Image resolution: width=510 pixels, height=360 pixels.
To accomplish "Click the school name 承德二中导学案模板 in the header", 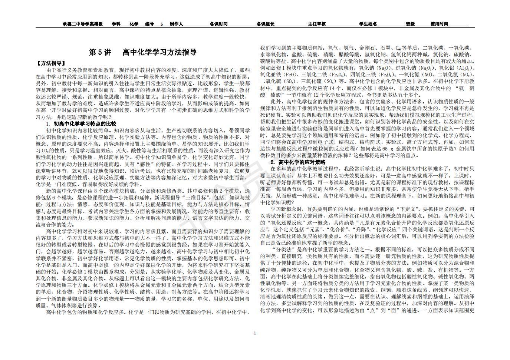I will click(83, 24).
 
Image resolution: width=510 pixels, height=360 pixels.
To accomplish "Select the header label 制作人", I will click(176, 24).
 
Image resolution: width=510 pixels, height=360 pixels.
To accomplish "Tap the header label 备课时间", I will click(218, 24).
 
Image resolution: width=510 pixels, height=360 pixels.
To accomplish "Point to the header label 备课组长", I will click(266, 24).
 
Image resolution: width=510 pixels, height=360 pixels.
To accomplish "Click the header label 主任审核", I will click(317, 24).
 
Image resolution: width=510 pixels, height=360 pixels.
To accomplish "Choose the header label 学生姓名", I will click(368, 24).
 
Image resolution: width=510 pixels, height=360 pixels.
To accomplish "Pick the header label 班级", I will click(410, 24).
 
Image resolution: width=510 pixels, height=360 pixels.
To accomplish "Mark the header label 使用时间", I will click(439, 24).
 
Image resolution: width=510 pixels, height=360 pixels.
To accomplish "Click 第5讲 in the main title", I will click(100, 52).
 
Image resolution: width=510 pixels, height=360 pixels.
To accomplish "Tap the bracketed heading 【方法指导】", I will click(51, 63).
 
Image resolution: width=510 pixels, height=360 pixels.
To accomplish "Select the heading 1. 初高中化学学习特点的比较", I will click(81, 124).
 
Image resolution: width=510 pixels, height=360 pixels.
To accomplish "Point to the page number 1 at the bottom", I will click(254, 333).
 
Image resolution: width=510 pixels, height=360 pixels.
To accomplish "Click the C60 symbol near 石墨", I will click(398, 48).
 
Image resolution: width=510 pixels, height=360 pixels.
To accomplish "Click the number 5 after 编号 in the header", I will click(161, 24).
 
